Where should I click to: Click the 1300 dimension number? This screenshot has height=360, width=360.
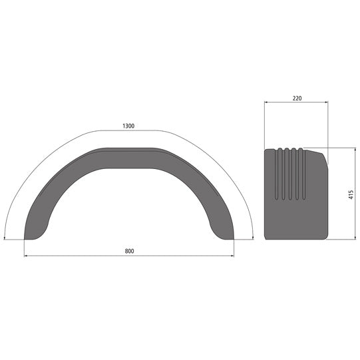click(129, 126)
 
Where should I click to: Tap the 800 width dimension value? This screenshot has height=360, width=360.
click(129, 251)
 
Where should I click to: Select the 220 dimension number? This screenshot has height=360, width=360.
click(296, 97)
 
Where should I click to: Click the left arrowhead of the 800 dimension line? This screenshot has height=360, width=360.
click(26, 256)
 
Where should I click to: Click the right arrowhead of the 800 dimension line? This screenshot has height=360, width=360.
click(233, 256)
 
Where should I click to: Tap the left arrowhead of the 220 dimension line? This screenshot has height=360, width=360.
click(266, 102)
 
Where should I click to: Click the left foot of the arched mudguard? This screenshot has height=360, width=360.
click(33, 233)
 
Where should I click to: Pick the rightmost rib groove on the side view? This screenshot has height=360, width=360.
click(303, 173)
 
